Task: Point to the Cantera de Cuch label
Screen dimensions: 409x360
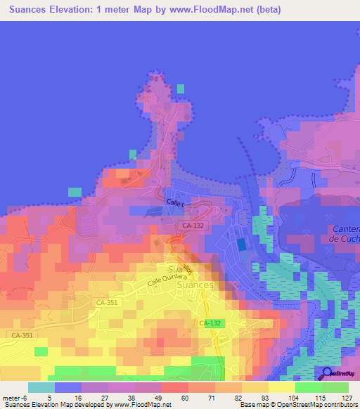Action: (345, 234)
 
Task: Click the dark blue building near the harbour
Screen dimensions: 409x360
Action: (241, 245)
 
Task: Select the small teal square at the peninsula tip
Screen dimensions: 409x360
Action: (181, 89)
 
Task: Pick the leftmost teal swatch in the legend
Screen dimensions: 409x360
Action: (41, 387)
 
